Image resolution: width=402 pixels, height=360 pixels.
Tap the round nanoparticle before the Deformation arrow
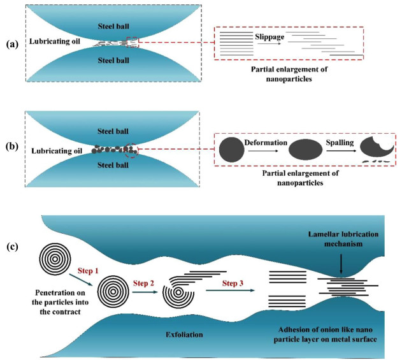tap(231, 150)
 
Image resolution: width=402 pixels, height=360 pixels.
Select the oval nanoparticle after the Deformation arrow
tap(303, 151)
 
